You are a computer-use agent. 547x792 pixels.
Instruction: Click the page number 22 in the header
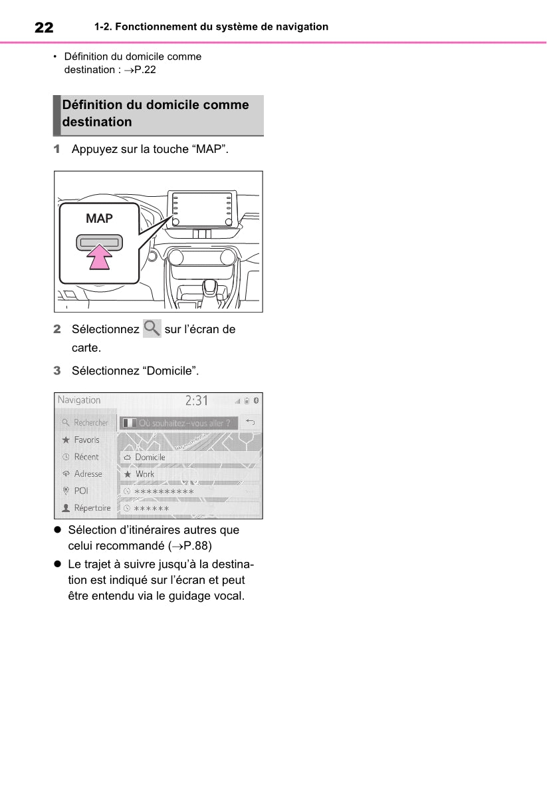44,27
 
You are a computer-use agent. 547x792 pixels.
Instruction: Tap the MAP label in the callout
99,218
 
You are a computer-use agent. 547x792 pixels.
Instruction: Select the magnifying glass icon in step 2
152,329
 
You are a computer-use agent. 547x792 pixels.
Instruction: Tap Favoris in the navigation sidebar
86,440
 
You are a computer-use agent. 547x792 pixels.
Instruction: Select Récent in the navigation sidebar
86,457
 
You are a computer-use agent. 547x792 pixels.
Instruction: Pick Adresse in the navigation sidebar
88,474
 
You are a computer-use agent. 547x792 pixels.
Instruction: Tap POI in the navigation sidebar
81,491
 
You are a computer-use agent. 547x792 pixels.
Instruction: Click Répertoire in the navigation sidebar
92,508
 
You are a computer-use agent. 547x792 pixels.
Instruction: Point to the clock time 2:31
196,400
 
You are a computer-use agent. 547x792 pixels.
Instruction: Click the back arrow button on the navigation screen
250,422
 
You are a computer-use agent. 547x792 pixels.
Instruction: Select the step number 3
57,370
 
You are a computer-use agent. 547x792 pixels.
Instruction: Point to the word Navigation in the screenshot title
79,400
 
